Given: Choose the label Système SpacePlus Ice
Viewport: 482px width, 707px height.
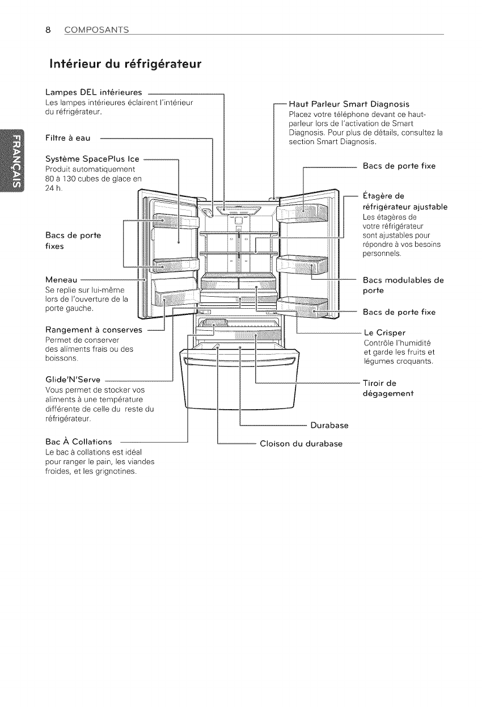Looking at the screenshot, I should click(91, 161).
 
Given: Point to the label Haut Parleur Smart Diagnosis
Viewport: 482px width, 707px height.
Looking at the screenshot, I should click(349, 104).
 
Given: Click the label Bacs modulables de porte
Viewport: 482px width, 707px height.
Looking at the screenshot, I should click(403, 285).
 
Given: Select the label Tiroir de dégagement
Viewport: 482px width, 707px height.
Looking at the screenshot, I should click(388, 388).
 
